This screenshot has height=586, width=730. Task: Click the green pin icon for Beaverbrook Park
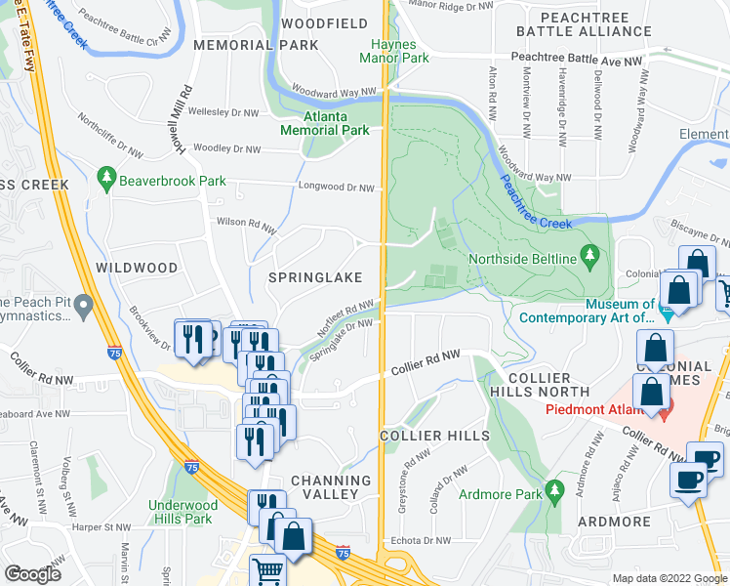pyautogui.click(x=105, y=180)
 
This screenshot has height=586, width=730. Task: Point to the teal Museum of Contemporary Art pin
pyautogui.click(x=668, y=313)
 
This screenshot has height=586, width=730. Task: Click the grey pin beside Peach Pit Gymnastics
pyautogui.click(x=83, y=308)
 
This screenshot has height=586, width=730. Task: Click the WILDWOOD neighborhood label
pyautogui.click(x=137, y=268)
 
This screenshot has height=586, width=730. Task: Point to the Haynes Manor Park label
pyautogui.click(x=394, y=52)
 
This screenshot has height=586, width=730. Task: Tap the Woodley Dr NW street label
pyautogui.click(x=226, y=149)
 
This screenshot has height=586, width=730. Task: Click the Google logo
pyautogui.click(x=32, y=574)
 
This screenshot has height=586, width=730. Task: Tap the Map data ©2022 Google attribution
pyautogui.click(x=669, y=578)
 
